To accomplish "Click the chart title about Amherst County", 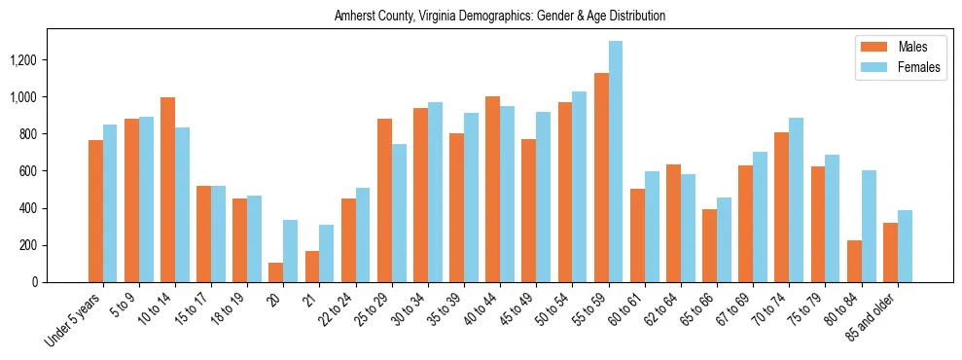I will [499, 17].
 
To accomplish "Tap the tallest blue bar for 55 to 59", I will [616, 162].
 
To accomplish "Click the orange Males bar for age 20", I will [276, 272].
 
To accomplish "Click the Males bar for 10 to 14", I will [168, 190].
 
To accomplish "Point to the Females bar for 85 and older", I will [905, 246].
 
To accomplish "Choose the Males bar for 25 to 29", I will [384, 200].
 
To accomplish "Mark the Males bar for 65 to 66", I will [710, 245].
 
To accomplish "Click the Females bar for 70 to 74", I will [797, 199].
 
